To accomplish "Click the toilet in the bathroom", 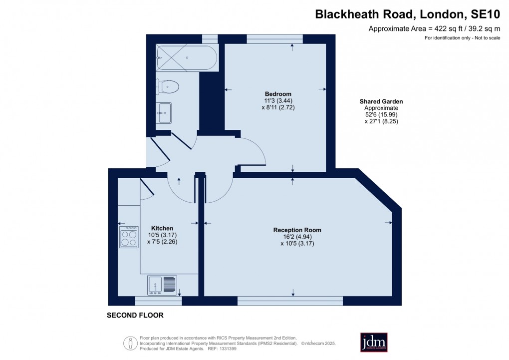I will (168, 86).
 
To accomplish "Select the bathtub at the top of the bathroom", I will (187, 58).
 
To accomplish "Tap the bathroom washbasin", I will (164, 113).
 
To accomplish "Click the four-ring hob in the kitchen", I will (129, 237).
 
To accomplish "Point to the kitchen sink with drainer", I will (162, 285).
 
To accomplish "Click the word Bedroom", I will (278, 94).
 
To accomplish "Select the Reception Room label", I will (297, 230).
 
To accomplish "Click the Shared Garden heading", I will (381, 101).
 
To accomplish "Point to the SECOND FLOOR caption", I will (135, 316).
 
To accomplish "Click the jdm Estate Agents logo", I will (374, 342).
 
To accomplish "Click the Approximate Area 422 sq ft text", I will (434, 28).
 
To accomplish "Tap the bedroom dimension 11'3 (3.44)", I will (278, 100).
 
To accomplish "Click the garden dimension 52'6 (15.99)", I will (381, 114).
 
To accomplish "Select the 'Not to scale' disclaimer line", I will (462, 38).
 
